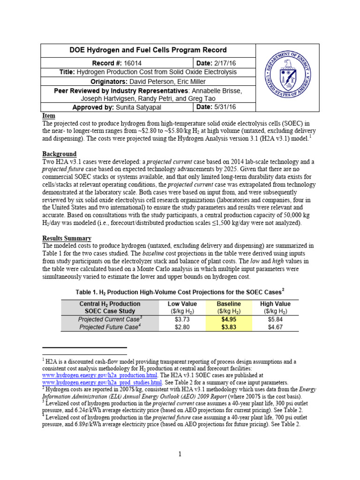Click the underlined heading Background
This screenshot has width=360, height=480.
click(x=60, y=154)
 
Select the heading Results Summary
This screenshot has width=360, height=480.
click(x=67, y=238)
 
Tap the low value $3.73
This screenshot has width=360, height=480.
click(x=182, y=319)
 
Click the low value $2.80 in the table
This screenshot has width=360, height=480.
click(x=182, y=327)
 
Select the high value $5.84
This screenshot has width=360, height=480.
click(x=275, y=319)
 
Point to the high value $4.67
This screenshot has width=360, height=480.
click(x=275, y=327)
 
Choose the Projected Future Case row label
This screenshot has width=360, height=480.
click(x=109, y=327)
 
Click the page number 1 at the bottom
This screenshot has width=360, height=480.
click(x=180, y=454)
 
